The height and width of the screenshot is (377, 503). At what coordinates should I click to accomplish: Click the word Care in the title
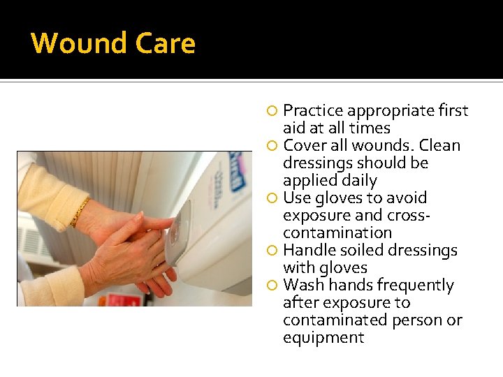tap(166, 43)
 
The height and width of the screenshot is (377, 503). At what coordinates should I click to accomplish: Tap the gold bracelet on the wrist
tap(80, 212)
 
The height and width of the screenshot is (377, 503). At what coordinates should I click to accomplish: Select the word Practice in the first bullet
tap(313, 111)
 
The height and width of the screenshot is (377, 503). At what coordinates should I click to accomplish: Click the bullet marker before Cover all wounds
tap(273, 146)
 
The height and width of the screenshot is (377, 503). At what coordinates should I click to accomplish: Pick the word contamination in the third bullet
tap(337, 233)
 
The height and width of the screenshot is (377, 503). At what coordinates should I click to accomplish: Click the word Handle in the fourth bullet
tap(307, 250)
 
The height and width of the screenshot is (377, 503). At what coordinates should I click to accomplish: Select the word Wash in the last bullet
tap(302, 285)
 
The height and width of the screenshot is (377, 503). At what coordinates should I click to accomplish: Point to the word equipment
tap(323, 338)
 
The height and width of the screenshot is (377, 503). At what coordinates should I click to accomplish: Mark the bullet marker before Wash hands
tap(273, 286)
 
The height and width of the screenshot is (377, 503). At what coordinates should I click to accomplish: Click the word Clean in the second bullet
tap(440, 146)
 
